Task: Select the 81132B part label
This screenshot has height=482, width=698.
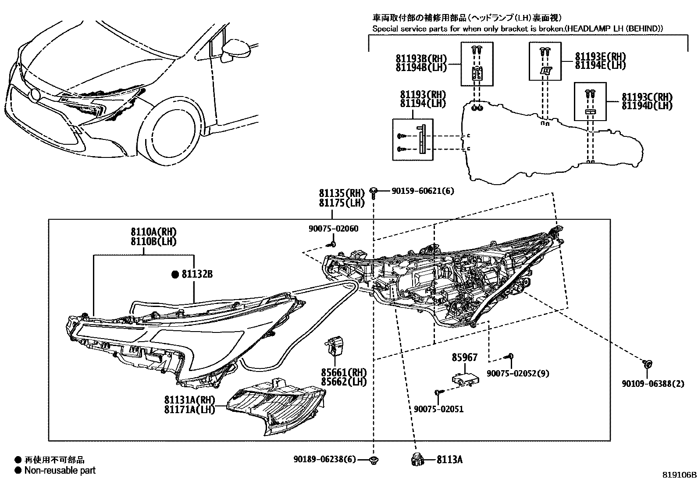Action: (x=197, y=275)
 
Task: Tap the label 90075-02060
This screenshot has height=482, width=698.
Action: (x=333, y=228)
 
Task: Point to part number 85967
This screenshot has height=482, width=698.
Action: (x=465, y=357)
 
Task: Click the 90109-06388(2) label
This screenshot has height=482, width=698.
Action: (x=652, y=384)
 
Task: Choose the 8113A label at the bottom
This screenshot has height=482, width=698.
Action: (x=450, y=460)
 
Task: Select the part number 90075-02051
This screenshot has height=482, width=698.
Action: (x=438, y=409)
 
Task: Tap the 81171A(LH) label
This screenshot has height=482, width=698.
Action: (x=189, y=410)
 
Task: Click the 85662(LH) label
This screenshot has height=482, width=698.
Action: (x=344, y=382)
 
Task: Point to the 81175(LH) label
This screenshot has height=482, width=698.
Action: (x=342, y=203)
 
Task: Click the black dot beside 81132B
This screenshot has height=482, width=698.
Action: (x=175, y=275)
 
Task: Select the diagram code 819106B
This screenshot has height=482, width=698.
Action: (x=679, y=475)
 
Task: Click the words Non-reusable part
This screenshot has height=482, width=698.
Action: (x=60, y=471)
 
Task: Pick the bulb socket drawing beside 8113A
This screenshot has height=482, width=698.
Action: (x=416, y=459)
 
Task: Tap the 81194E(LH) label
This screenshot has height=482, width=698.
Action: (x=600, y=65)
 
